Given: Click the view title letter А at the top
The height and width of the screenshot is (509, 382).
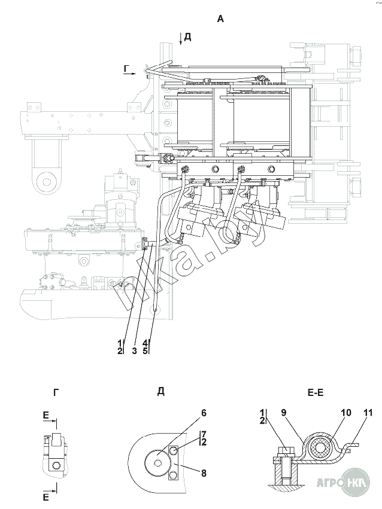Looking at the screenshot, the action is coord(220,19).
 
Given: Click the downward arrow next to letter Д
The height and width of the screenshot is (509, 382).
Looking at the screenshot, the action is coord(180,39).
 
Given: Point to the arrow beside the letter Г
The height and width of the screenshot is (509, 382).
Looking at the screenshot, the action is coord(132,74).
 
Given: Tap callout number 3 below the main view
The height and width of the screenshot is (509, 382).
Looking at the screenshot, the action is coord(134,350).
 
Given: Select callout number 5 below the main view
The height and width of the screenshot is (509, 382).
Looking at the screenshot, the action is coord(144,350).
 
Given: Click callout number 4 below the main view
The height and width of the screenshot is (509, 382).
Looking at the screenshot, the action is coord(144,343).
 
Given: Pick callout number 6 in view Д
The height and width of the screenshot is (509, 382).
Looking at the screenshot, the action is coord(204,413).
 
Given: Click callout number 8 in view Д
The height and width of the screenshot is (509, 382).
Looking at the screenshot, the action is coord(204,473).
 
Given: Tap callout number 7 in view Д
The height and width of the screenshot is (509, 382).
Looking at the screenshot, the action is coord(204,434).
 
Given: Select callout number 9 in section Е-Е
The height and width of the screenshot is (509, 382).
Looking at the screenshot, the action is coord(284,413).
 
